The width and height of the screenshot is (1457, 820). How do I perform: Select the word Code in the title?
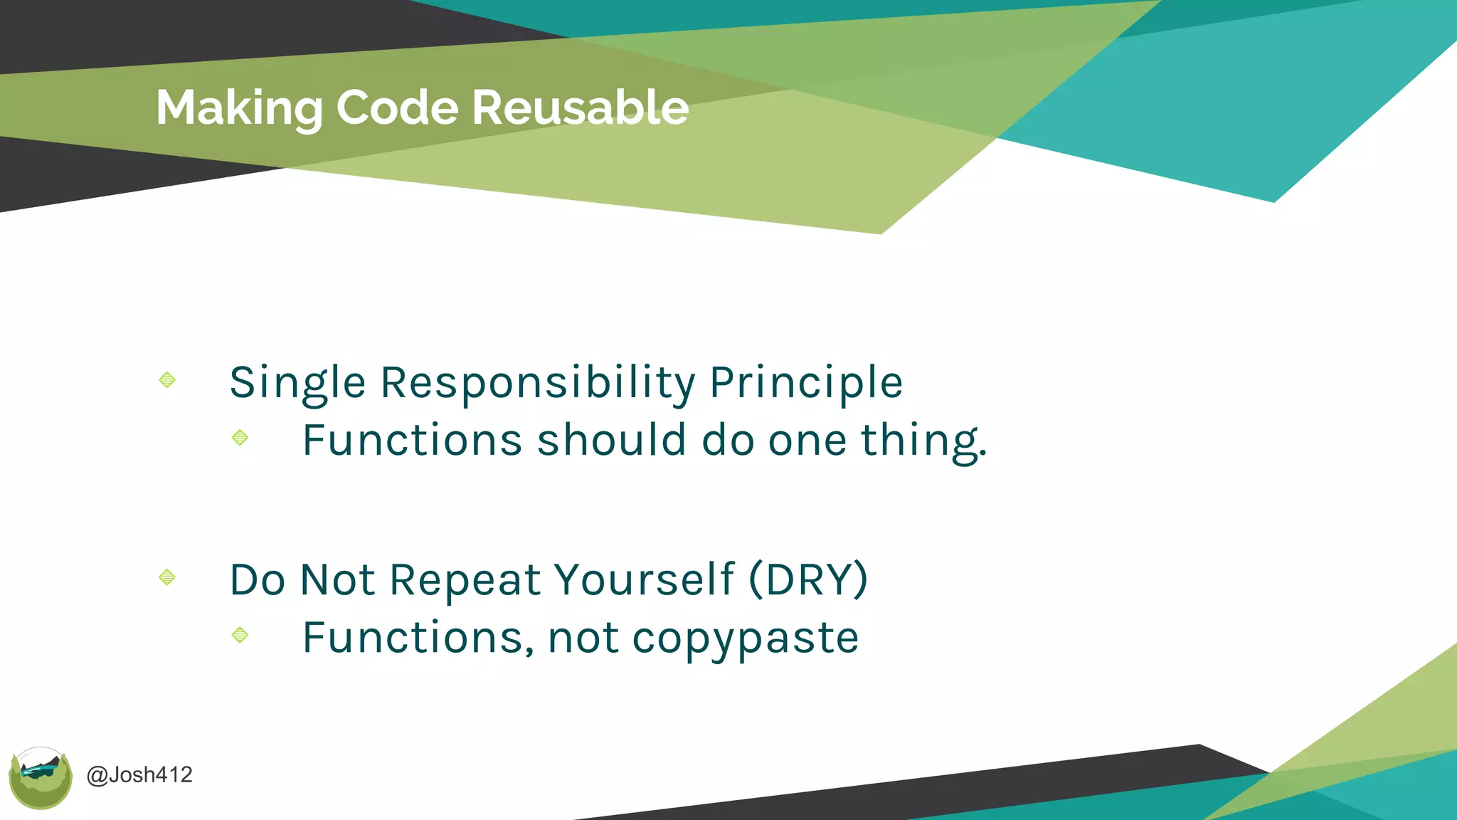click(398, 108)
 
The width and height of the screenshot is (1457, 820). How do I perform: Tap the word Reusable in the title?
click(580, 108)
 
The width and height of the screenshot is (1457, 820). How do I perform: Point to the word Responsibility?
click(538, 383)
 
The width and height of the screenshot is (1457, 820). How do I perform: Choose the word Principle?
click(806, 383)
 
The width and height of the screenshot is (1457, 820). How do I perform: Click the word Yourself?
click(644, 579)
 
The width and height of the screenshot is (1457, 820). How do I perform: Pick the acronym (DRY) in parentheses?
click(809, 579)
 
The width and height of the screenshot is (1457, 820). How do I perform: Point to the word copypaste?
click(745, 638)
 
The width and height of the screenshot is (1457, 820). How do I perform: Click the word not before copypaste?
click(583, 638)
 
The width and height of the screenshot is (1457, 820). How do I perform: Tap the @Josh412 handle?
click(139, 774)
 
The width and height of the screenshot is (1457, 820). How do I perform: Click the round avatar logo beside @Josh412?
click(41, 778)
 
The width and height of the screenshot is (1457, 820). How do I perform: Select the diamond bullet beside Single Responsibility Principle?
click(167, 380)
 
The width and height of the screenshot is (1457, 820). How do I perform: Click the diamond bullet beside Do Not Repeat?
click(167, 577)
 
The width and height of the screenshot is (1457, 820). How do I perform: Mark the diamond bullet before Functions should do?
click(240, 437)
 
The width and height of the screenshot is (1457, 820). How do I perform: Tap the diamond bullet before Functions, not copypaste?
click(240, 634)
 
